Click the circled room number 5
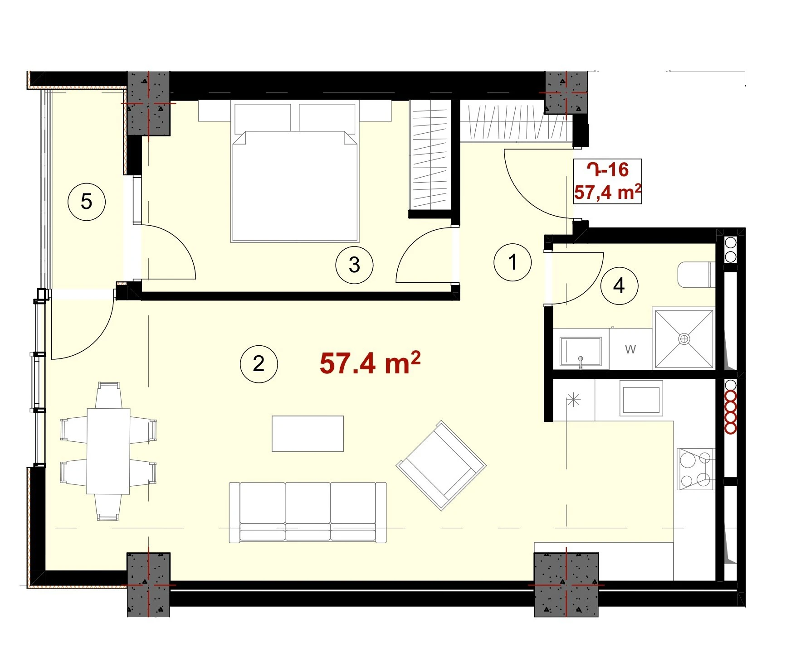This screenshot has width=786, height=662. [x=86, y=202]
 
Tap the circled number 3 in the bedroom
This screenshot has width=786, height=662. [x=354, y=265]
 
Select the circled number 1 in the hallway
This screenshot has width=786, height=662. [x=513, y=262]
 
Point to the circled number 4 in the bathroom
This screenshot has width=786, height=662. [x=619, y=285]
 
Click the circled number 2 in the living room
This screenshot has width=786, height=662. [x=259, y=363]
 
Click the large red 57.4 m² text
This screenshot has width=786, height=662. [x=370, y=363]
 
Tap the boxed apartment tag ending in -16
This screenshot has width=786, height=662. [x=608, y=181]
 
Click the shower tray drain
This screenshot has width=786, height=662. [x=684, y=338]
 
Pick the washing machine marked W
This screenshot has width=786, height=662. [x=630, y=349]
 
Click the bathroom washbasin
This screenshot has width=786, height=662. [x=581, y=351]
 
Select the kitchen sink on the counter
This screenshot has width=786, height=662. [x=641, y=398]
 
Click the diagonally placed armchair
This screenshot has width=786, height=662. [x=441, y=465]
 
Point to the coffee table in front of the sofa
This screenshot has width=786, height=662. [x=308, y=434]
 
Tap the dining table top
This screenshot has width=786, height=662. [x=108, y=451]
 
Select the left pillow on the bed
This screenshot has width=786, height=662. [x=263, y=118]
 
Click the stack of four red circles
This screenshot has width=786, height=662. [x=730, y=412]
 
